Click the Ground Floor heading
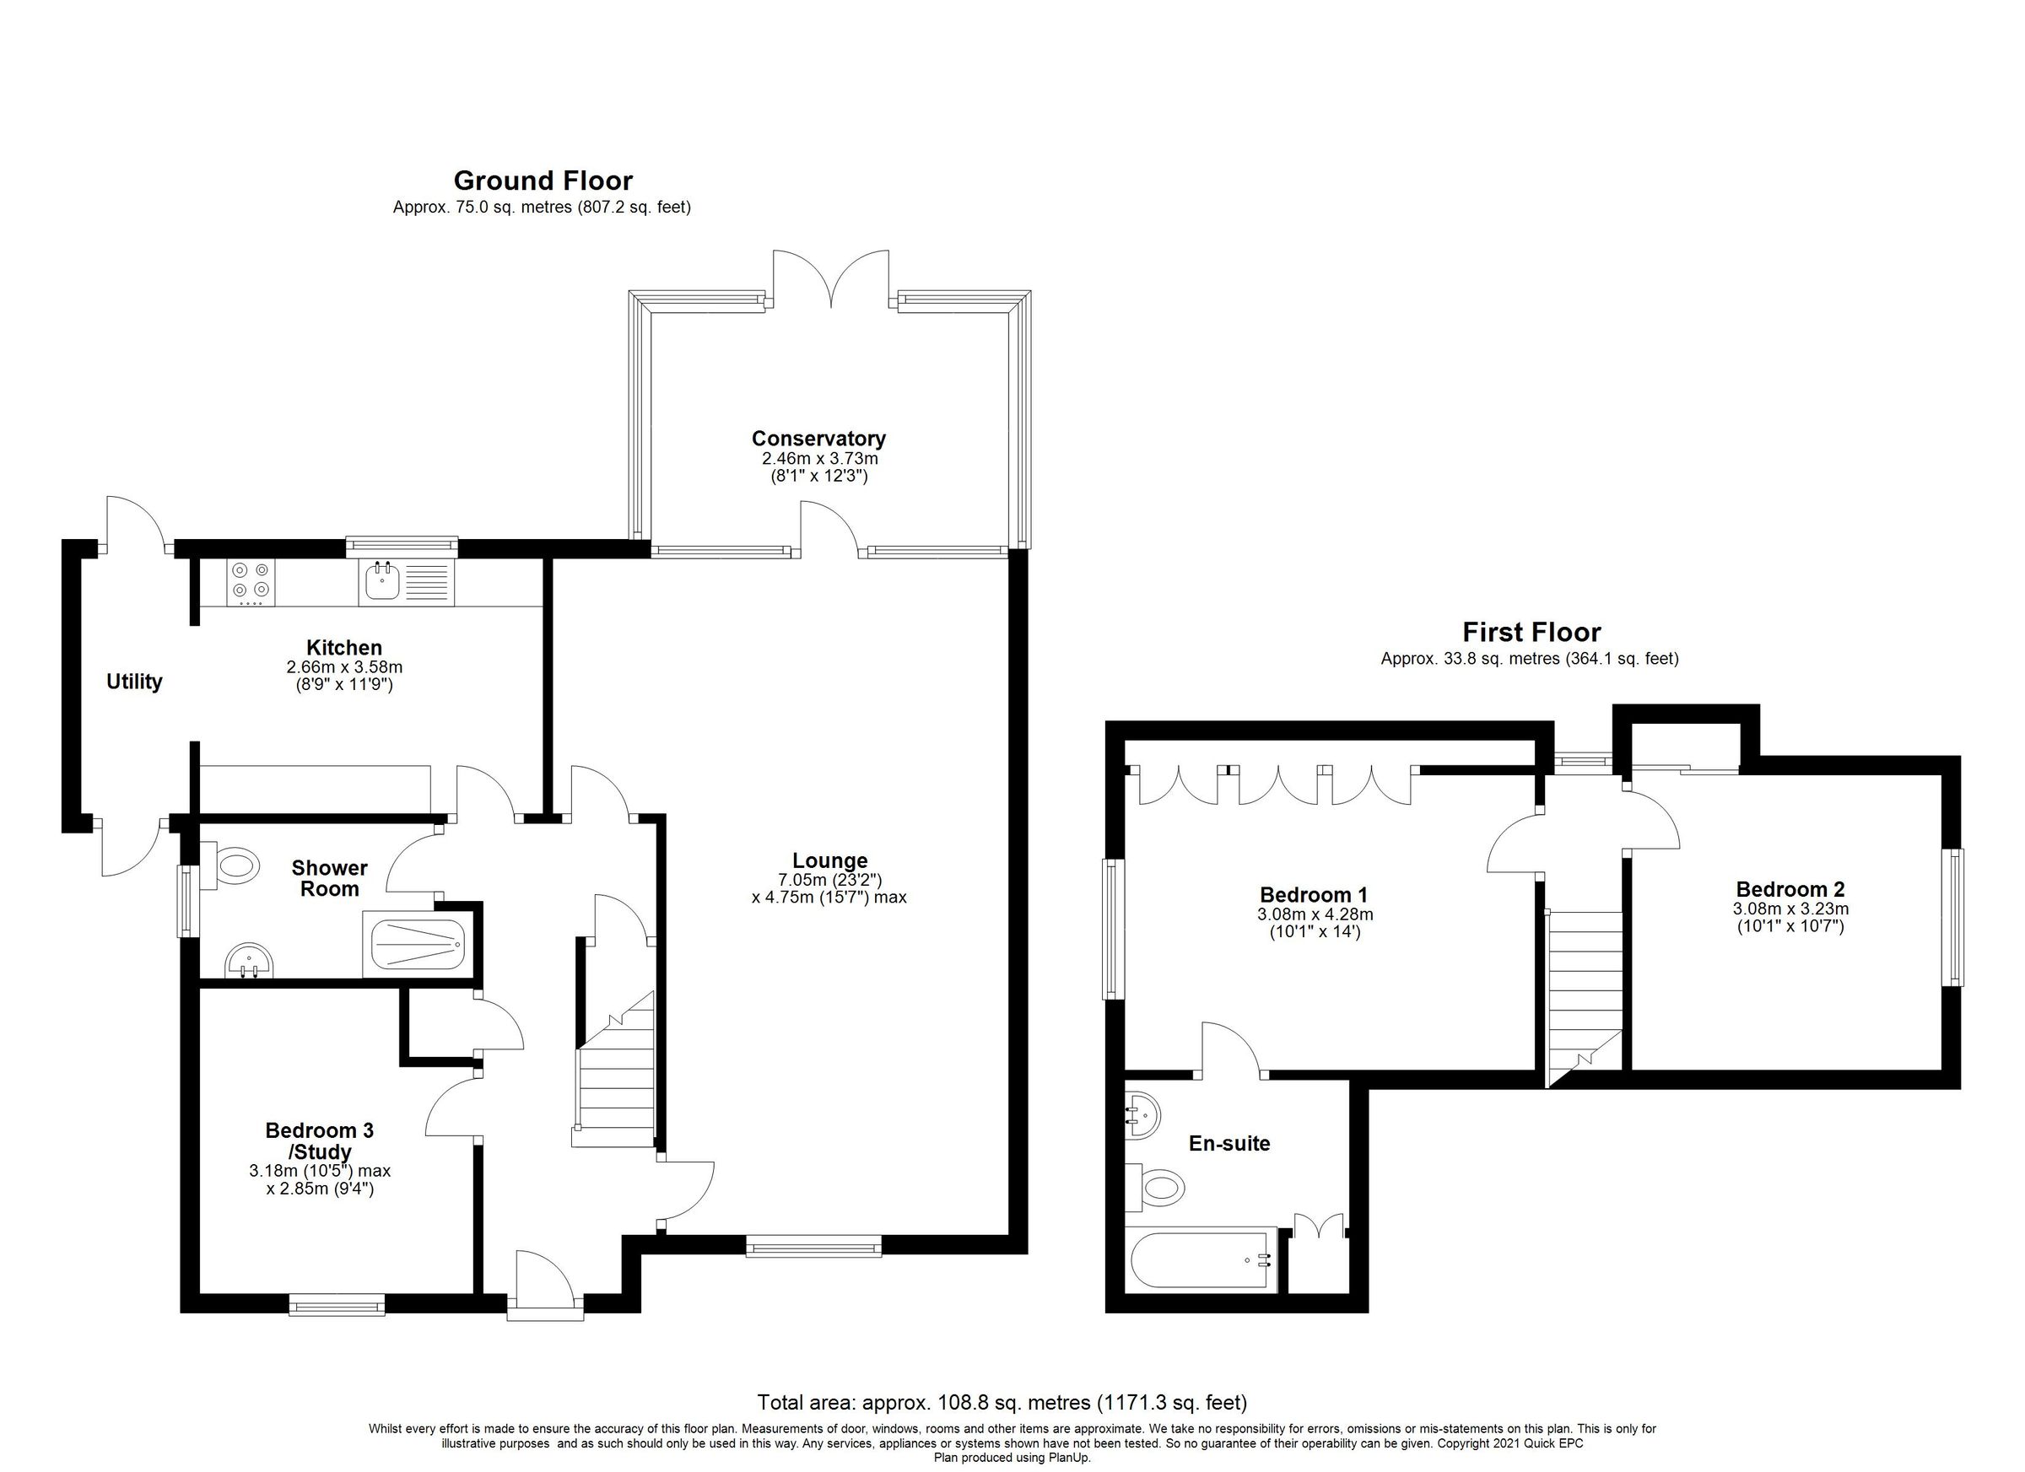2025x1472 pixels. tap(543, 181)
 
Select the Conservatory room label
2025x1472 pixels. tap(818, 439)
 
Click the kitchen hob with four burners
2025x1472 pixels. tap(251, 580)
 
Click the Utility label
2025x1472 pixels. tap(134, 682)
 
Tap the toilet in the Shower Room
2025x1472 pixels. tap(234, 865)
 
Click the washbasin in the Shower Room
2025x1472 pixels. tap(250, 962)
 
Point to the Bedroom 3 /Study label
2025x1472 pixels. tap(319, 1140)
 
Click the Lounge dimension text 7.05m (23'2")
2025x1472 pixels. tap(829, 879)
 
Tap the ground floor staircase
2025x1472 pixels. tap(615, 1085)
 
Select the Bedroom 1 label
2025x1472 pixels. tap(1313, 894)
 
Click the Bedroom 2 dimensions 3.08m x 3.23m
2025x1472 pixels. tap(1790, 909)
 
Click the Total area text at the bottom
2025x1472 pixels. tap(1002, 1401)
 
